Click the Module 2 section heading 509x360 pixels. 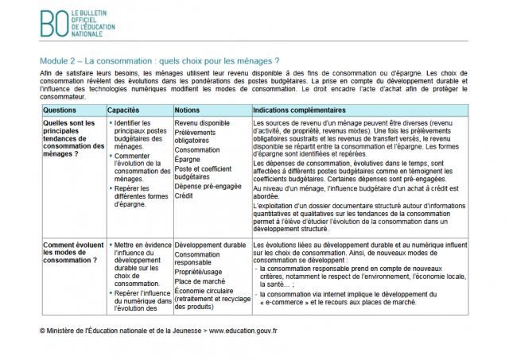[x=159, y=60]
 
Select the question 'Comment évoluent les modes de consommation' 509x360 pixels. [x=71, y=252]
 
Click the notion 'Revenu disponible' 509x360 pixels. [x=202, y=123]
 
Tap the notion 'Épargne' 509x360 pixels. [x=188, y=159]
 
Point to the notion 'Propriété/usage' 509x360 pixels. [x=200, y=272]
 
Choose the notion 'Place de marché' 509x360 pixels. [x=199, y=281]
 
